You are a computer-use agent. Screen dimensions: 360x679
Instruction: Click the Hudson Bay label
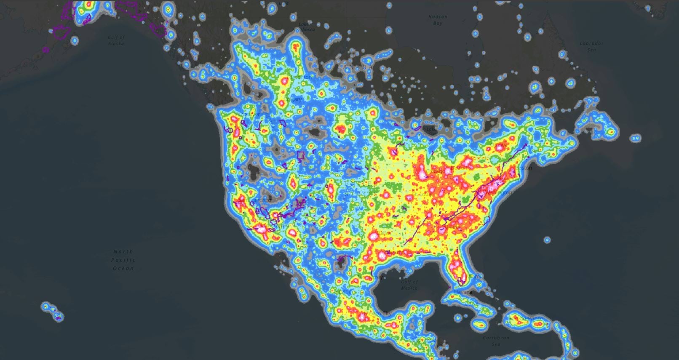[x=438, y=20]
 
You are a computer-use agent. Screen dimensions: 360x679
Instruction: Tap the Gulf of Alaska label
[x=116, y=40]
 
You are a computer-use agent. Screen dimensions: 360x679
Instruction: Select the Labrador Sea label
[x=591, y=46]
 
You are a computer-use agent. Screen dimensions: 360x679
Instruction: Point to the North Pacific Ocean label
[x=123, y=260]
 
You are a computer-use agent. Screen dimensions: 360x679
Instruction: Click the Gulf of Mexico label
[x=409, y=285]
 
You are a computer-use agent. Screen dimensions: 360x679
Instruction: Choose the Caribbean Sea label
[x=496, y=341]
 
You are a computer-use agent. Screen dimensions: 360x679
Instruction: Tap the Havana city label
[x=463, y=292]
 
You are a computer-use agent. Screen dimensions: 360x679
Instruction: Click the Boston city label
[x=524, y=168]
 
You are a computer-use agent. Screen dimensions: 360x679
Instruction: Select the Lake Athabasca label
[x=306, y=27]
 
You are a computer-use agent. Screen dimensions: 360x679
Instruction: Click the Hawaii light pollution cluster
[x=53, y=311]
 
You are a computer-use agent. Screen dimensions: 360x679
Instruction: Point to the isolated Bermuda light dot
[x=547, y=240]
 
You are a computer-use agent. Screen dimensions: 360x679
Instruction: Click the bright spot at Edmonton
[x=284, y=80]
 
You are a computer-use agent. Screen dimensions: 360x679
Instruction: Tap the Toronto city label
[x=480, y=158]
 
